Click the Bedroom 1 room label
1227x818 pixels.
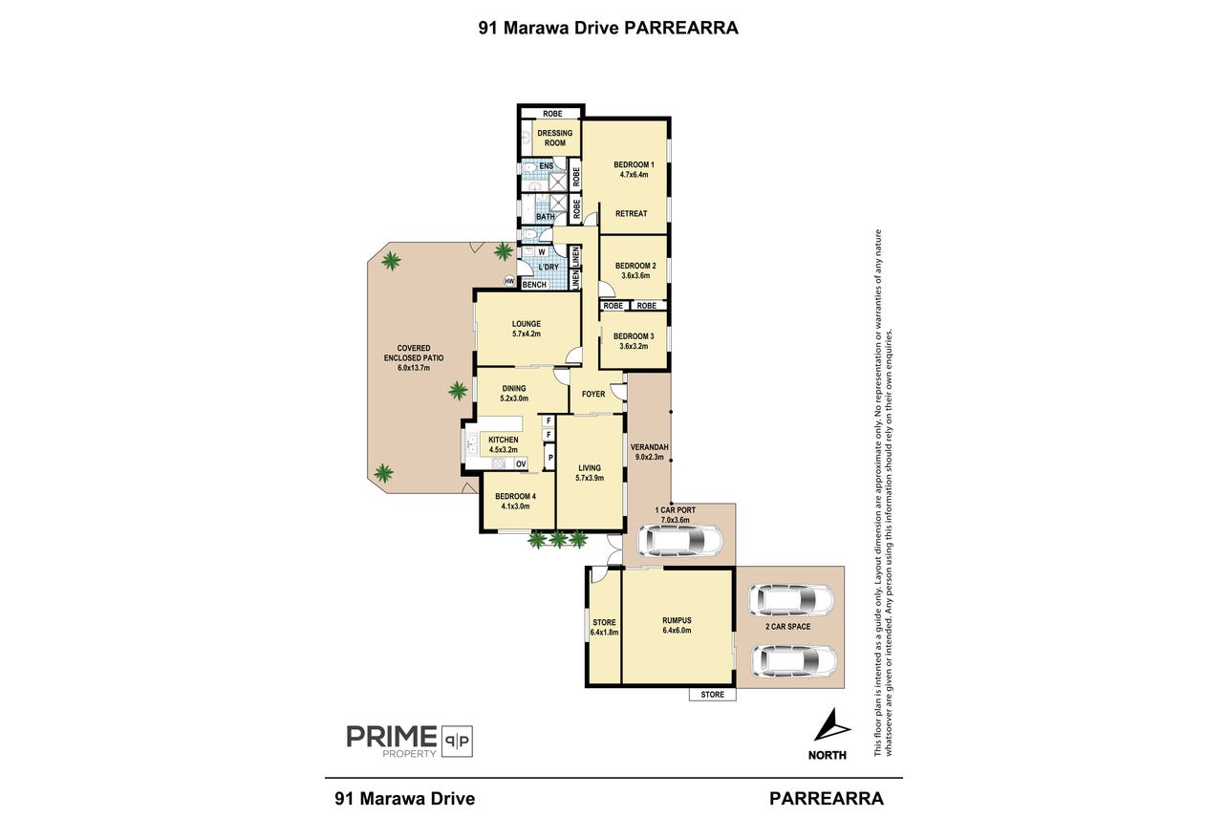point(634,164)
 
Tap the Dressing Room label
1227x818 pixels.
point(555,138)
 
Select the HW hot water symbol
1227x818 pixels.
point(509,282)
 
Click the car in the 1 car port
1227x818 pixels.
point(679,541)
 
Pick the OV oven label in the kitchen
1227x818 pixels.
point(521,464)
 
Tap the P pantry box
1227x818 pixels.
point(550,458)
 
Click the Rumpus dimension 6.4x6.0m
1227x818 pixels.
point(677,631)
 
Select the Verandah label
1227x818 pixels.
point(649,447)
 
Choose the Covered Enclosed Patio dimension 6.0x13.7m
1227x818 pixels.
point(414,368)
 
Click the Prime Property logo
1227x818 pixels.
point(409,742)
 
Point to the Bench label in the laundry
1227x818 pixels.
point(534,285)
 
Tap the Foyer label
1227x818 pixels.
point(593,394)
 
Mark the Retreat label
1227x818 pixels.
point(631,214)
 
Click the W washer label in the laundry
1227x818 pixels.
point(542,252)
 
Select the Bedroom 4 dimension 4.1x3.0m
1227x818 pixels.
point(515,506)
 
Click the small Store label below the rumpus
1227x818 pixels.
point(713,694)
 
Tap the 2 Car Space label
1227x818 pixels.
point(787,626)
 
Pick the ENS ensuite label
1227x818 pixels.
point(546,166)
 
